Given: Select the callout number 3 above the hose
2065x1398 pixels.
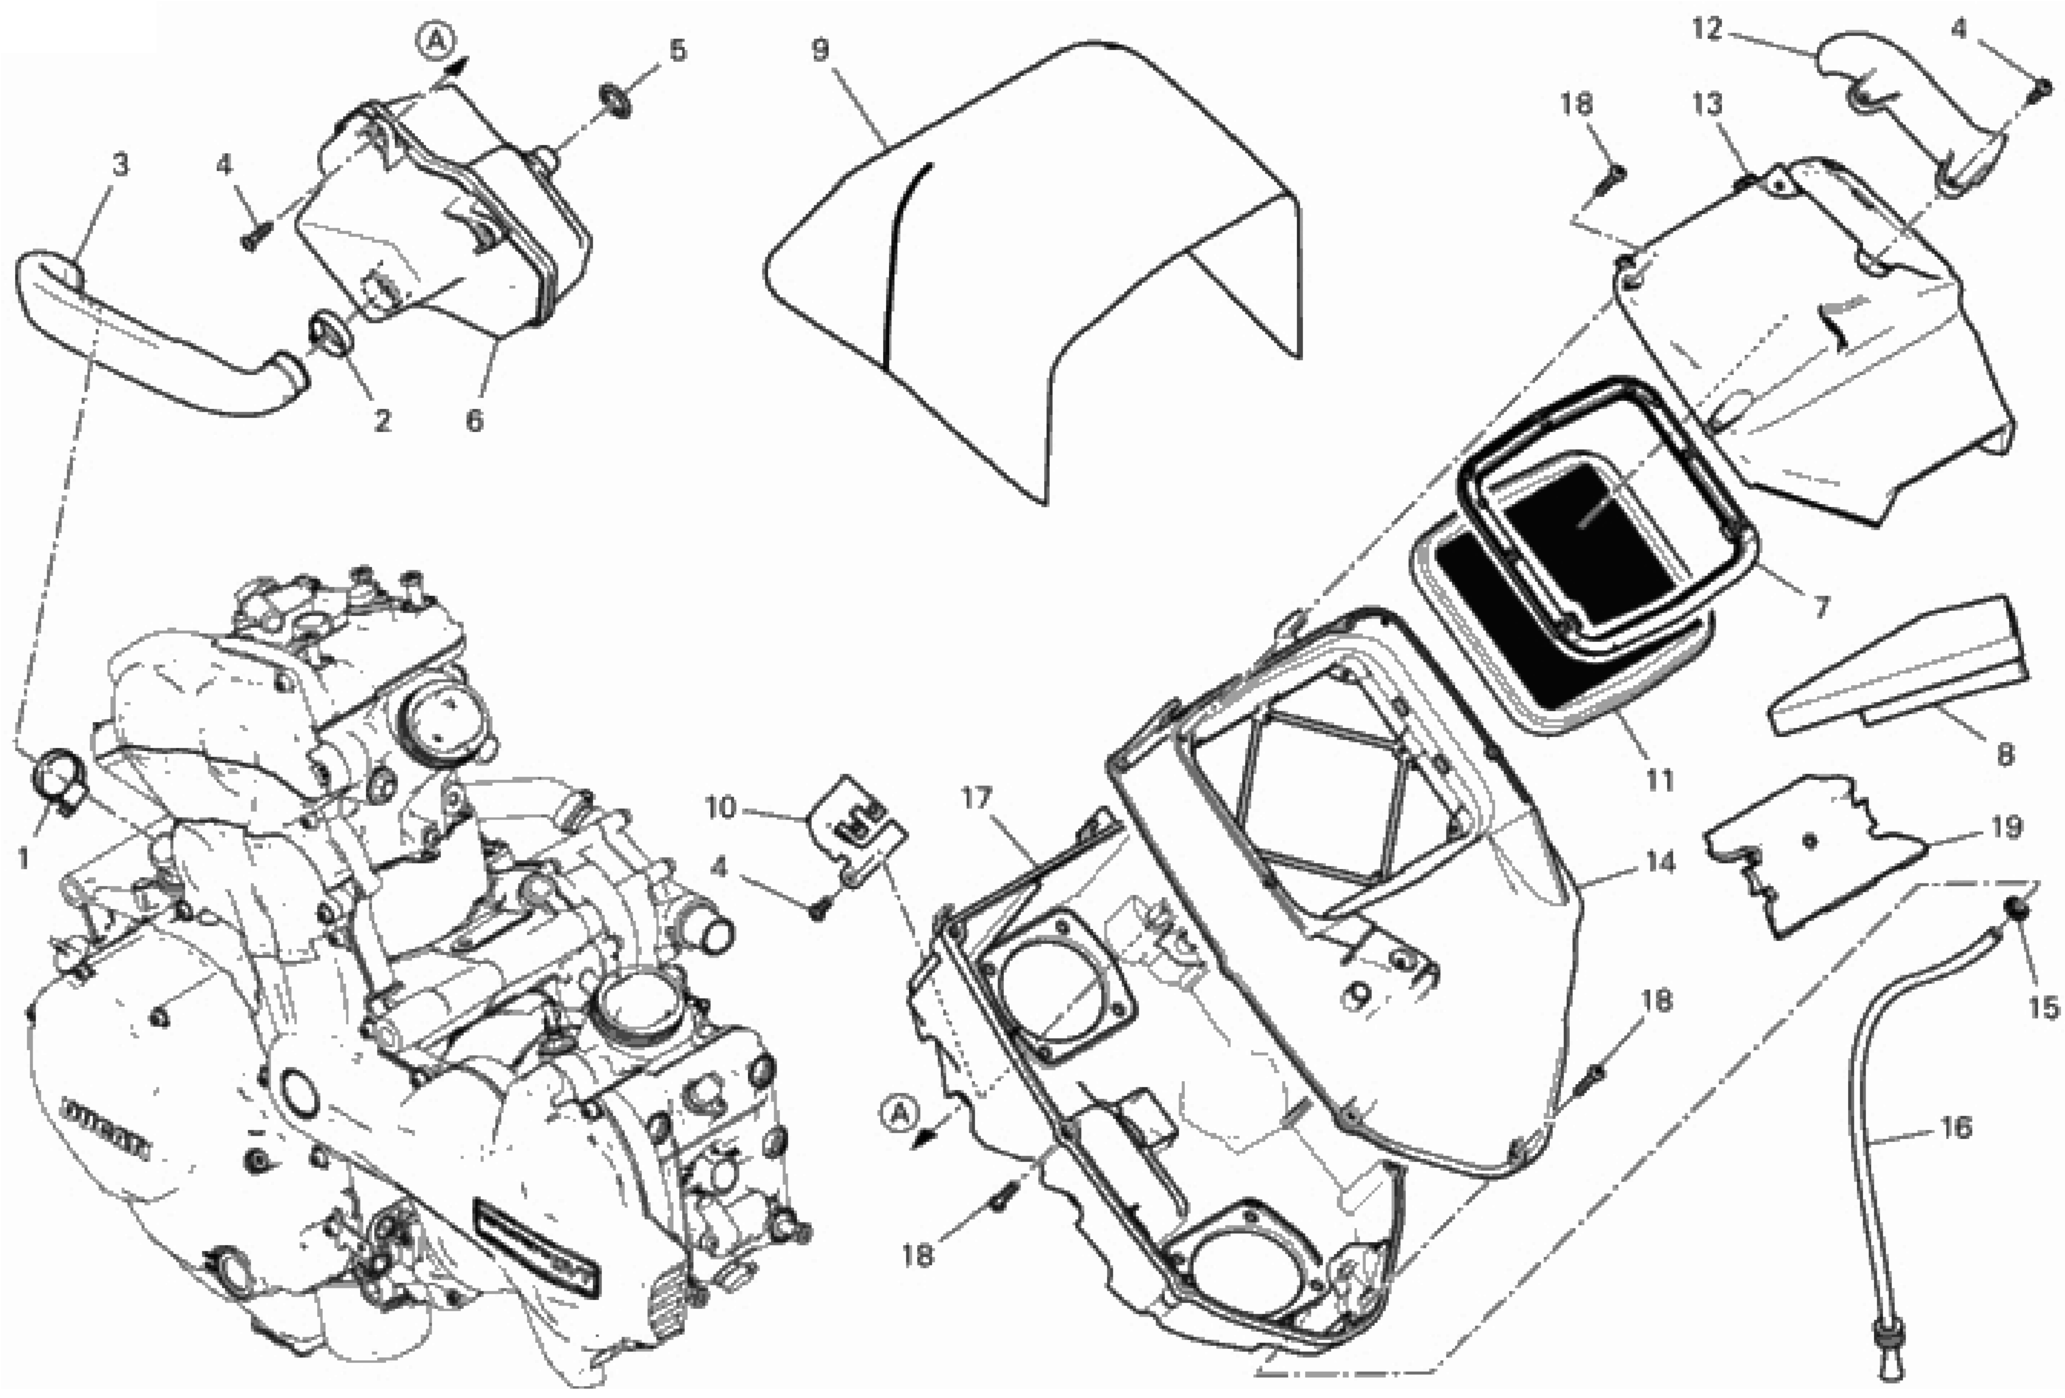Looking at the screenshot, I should pos(120,164).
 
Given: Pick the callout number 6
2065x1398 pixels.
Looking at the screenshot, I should pos(474,419).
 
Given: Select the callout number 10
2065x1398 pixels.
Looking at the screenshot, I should pos(721,808).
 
